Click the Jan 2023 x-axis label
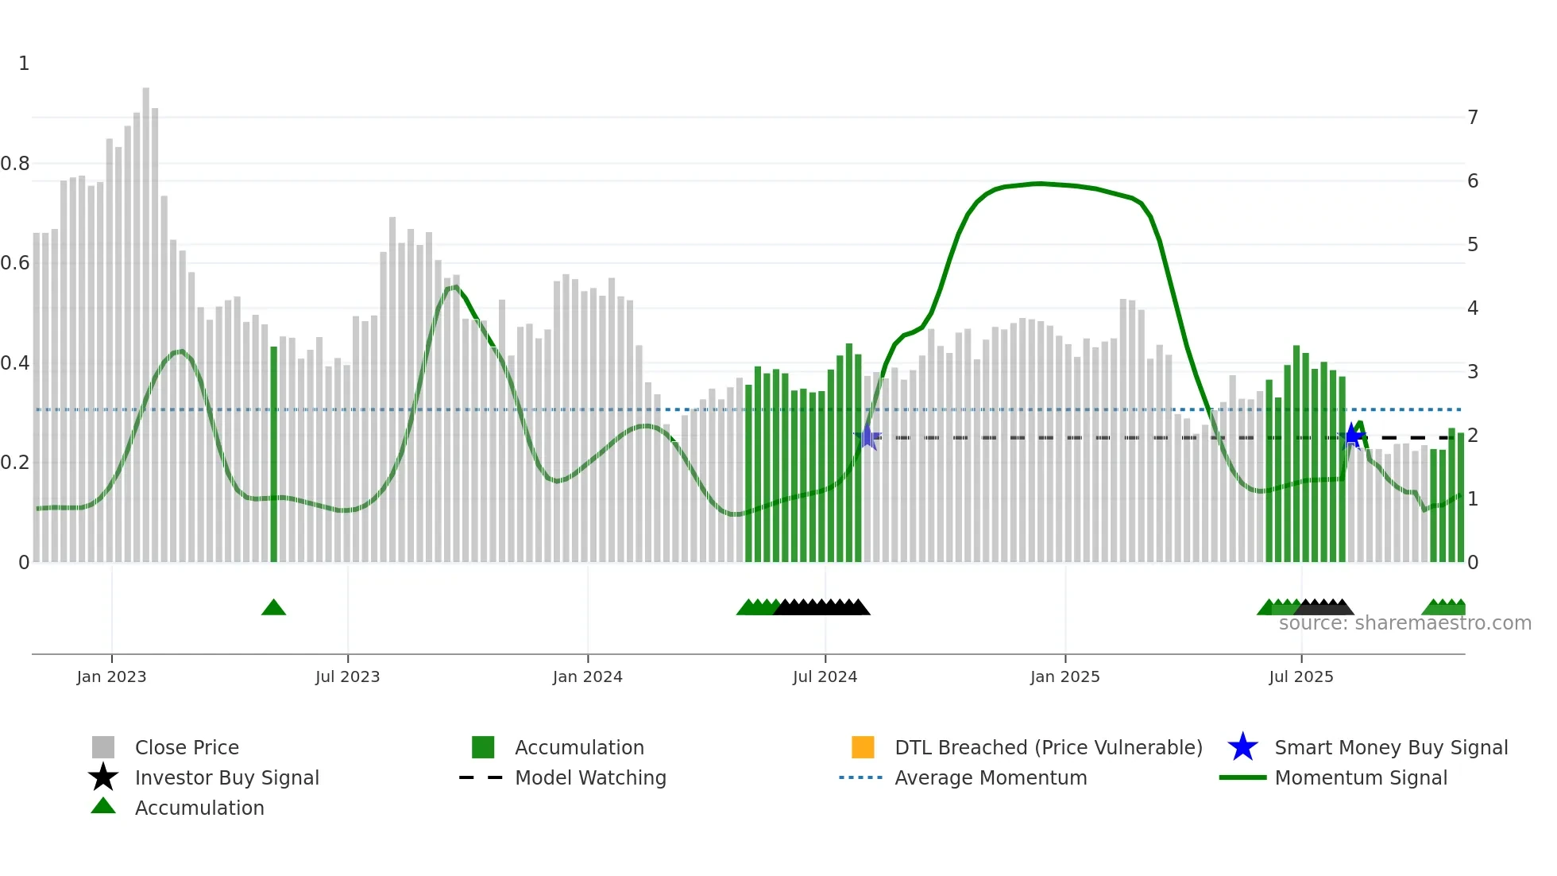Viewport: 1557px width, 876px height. tap(111, 676)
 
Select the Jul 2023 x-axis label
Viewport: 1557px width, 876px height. tap(347, 676)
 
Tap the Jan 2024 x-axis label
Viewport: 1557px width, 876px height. tap(587, 676)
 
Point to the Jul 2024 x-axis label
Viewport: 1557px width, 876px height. tap(825, 676)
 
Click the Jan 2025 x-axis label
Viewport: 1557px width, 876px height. tap(1064, 676)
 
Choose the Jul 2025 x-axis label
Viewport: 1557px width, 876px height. tap(1300, 676)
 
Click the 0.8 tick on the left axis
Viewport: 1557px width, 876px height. tap(15, 164)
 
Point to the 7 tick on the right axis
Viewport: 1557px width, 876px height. tap(1473, 118)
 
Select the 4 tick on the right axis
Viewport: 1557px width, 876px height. tap(1473, 308)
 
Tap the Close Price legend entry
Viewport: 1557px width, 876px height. tap(187, 747)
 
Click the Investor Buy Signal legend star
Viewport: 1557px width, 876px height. tap(103, 777)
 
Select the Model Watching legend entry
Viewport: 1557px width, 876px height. tap(590, 777)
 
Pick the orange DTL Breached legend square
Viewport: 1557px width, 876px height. tap(863, 747)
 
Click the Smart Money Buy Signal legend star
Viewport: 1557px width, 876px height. tap(1242, 747)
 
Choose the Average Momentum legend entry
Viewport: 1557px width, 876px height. tap(991, 777)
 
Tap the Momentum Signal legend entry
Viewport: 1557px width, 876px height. tap(1361, 777)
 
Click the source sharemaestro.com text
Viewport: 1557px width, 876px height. tap(1404, 623)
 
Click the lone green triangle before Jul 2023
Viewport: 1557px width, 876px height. tap(273, 608)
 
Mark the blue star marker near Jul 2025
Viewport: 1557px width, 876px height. tap(1351, 436)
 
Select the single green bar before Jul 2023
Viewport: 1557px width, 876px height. tap(274, 453)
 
